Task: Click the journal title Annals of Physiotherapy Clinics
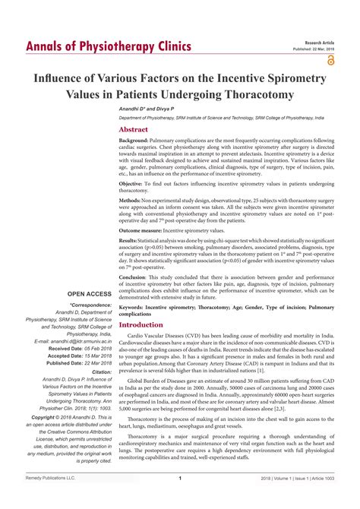coord(108,47)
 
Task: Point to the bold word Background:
coord(134,141)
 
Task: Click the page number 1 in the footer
coord(179,499)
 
